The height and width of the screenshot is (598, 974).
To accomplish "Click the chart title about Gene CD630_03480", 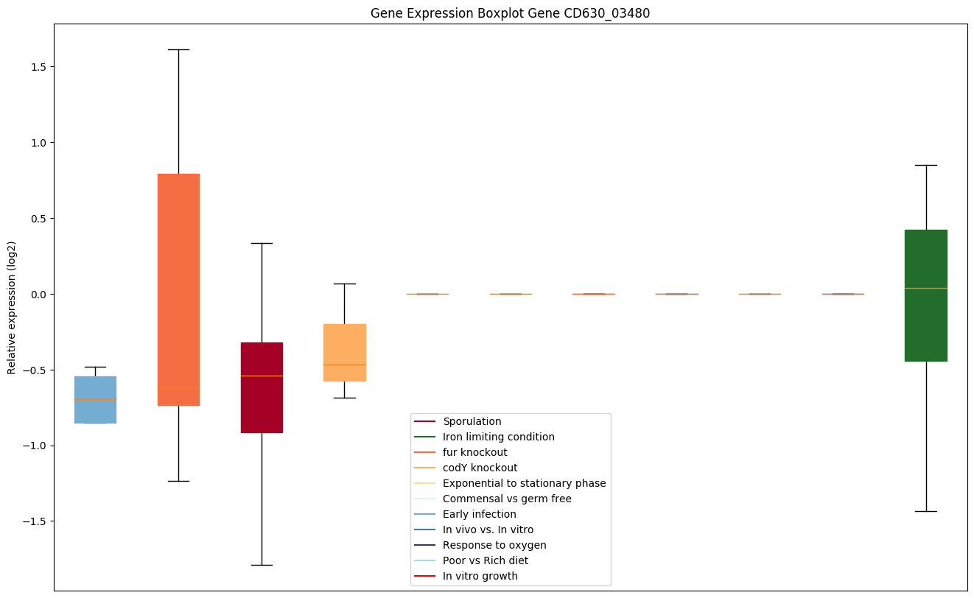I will coord(510,13).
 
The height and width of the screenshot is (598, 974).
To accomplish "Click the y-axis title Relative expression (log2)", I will coord(12,307).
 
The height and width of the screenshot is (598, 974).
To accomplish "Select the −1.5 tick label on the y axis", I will coord(32,521).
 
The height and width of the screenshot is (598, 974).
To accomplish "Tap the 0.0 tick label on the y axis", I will coord(35,295).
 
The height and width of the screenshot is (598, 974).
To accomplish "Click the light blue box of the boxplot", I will coord(95,400).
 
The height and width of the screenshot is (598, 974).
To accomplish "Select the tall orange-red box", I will coord(178,289).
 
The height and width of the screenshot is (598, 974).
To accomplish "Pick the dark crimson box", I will coord(262,387).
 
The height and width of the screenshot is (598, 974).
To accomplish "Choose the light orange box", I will coord(345,352).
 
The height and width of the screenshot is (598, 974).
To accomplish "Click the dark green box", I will coord(926,295).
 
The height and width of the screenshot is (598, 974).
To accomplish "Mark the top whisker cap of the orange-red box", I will coord(178,49).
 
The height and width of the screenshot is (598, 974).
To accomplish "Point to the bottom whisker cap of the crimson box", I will coord(262,565).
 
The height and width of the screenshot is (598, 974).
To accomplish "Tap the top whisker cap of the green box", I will coord(926,165).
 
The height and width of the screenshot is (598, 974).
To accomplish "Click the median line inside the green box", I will coord(926,288).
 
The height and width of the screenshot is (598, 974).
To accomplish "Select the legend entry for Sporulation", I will coord(472,421).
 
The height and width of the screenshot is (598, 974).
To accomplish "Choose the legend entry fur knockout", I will coord(474,452).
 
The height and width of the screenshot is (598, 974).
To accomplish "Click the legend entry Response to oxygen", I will coord(494,545).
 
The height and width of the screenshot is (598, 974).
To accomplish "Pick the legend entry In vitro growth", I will coord(480,576).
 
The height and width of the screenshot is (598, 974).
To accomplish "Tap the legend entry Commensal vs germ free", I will coord(507,499).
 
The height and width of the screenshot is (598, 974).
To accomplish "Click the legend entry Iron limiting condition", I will coord(498,437).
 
